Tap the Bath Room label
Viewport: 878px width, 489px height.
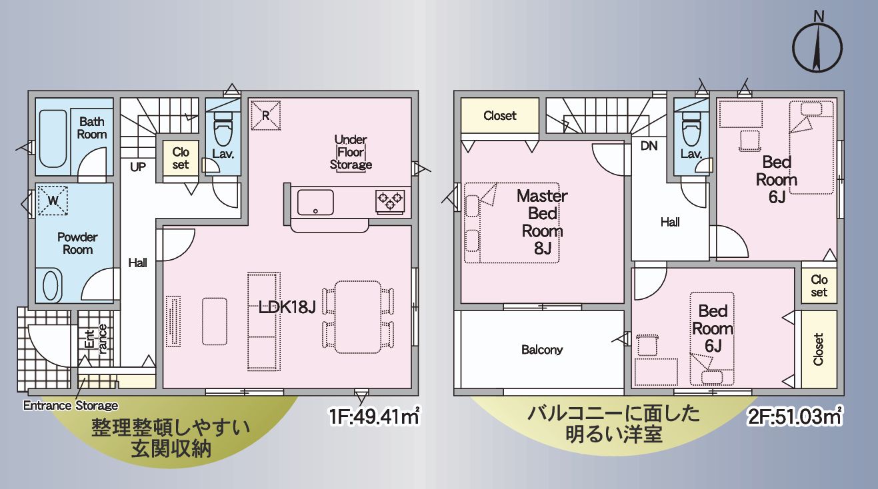tap(92, 128)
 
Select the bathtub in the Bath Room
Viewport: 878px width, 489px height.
tap(53, 138)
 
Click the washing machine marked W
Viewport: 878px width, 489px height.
tap(53, 200)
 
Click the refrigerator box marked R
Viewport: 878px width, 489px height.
tap(265, 115)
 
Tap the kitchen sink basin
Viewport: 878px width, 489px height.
tap(315, 202)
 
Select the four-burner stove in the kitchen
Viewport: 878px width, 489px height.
tap(390, 201)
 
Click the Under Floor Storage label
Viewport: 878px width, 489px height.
tap(351, 152)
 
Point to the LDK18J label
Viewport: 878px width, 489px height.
tap(287, 308)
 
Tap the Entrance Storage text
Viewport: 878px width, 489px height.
tap(71, 405)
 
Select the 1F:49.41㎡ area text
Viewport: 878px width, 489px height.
tap(374, 417)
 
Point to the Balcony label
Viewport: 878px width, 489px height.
tap(542, 349)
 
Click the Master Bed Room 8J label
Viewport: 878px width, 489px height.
tap(542, 223)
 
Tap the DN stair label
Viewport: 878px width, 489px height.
tap(649, 146)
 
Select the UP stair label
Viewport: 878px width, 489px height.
tap(138, 167)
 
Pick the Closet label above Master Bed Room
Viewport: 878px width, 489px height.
tap(500, 115)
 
